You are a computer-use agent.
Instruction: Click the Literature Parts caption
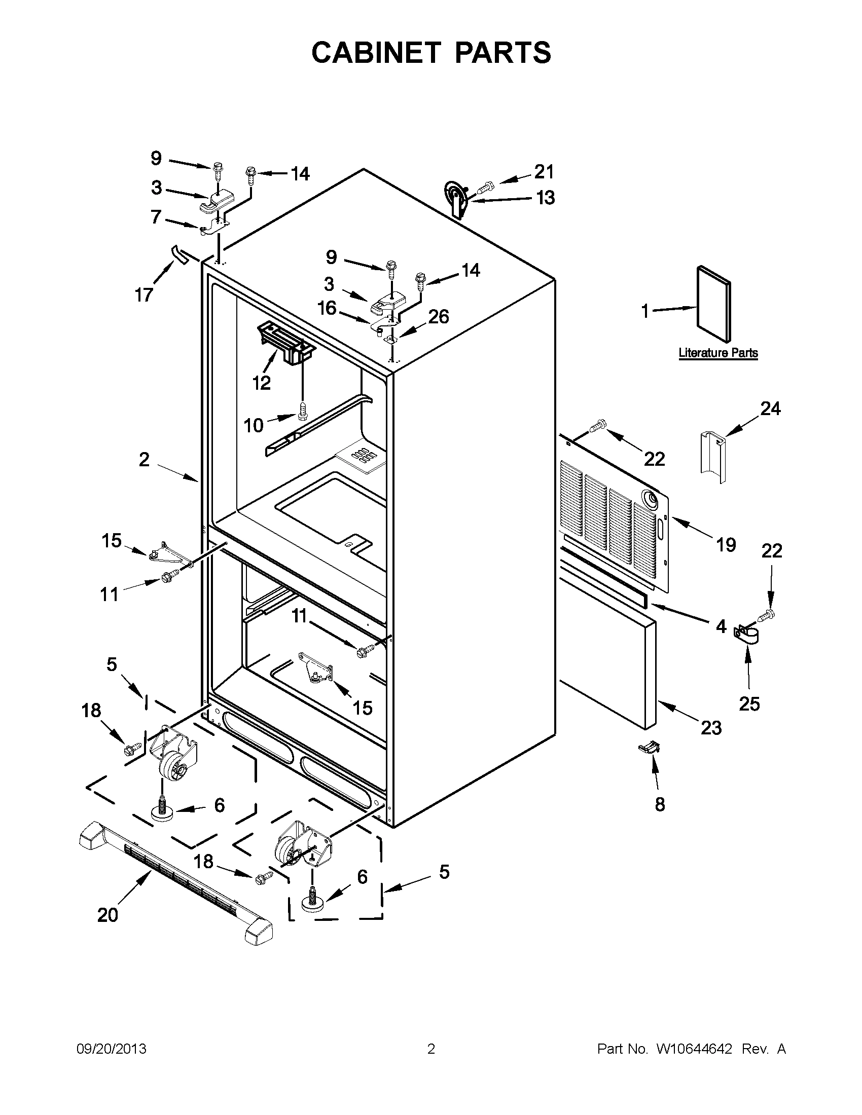(x=717, y=353)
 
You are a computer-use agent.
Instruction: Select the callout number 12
(x=262, y=383)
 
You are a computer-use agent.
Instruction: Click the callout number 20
(x=107, y=915)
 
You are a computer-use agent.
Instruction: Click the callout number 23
(x=711, y=727)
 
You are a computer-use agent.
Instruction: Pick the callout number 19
(x=726, y=545)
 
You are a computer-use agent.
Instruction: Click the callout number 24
(x=770, y=408)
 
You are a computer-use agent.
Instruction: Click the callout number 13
(x=546, y=198)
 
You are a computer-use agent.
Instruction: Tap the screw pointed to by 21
(x=485, y=188)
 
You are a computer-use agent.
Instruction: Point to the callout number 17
(x=144, y=294)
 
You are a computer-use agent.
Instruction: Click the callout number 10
(x=254, y=425)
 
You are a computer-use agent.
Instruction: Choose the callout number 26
(x=438, y=317)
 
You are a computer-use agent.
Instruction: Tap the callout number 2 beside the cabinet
(x=145, y=460)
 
